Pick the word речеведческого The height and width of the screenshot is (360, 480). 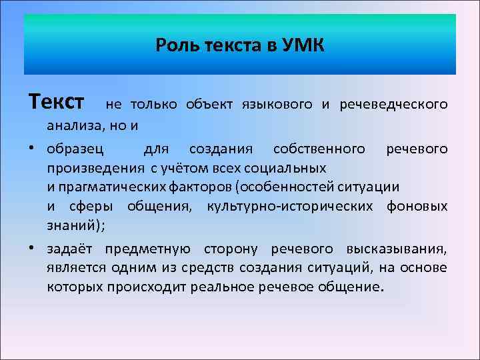click(x=393, y=104)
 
